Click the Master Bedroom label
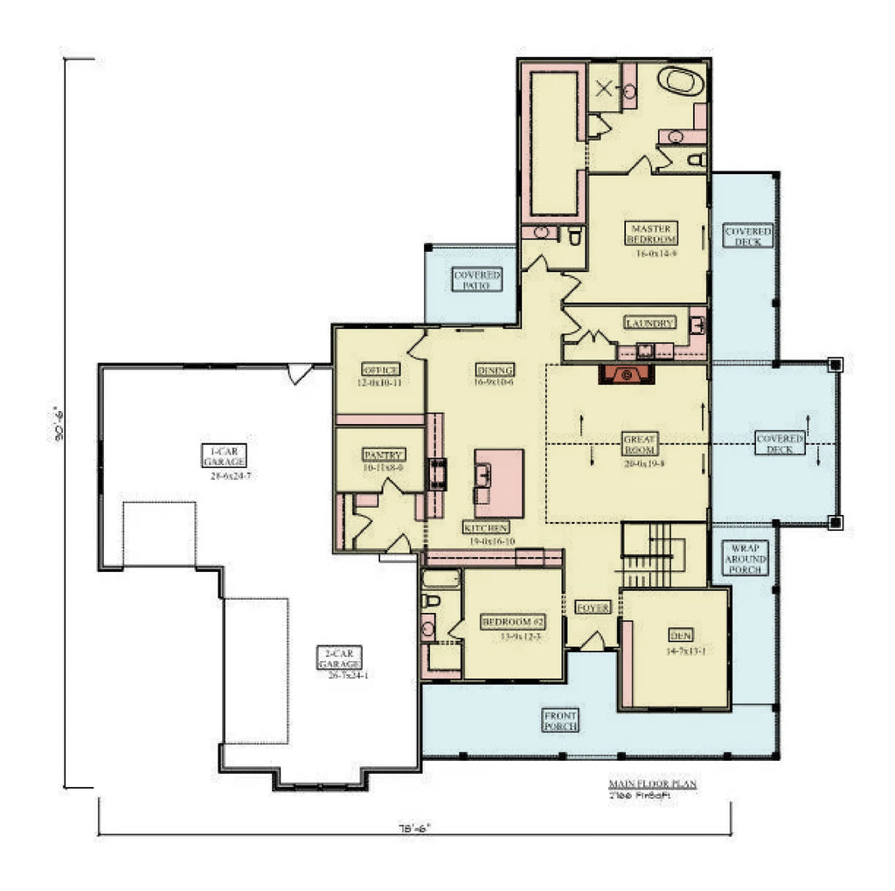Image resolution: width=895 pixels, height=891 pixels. [652, 233]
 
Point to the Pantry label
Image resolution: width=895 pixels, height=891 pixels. [383, 456]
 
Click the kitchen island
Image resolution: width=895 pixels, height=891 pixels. [499, 483]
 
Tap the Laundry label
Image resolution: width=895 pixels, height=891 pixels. [650, 324]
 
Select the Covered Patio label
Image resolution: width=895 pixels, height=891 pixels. [477, 280]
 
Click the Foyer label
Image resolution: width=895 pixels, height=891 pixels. [593, 608]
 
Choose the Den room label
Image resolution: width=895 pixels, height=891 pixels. [680, 636]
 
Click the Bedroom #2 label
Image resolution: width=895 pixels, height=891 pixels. [513, 623]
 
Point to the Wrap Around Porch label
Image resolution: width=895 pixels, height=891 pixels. [744, 559]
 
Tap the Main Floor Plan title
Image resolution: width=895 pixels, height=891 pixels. [652, 784]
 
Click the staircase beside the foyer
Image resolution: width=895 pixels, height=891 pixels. [662, 555]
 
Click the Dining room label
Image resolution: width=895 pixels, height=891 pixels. [495, 369]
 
